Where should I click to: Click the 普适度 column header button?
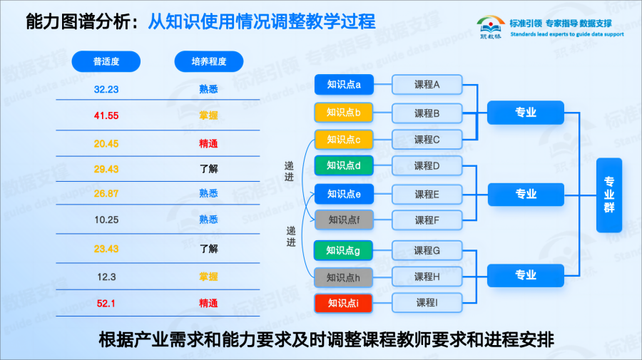pyautogui.click(x=106, y=61)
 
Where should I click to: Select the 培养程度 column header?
pyautogui.click(x=209, y=61)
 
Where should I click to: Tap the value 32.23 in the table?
pyautogui.click(x=106, y=89)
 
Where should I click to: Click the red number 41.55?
pyautogui.click(x=106, y=115)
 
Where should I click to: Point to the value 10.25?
pyautogui.click(x=106, y=220)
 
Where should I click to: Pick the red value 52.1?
pyautogui.click(x=106, y=303)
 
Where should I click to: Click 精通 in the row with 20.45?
pyautogui.click(x=209, y=143)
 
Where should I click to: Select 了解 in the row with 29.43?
pyautogui.click(x=209, y=168)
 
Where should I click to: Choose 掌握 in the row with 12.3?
pyautogui.click(x=209, y=277)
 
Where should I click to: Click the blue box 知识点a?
pyautogui.click(x=344, y=85)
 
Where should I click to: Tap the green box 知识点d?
pyautogui.click(x=344, y=165)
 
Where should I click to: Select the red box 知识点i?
pyautogui.click(x=344, y=303)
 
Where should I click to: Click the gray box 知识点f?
pyautogui.click(x=344, y=220)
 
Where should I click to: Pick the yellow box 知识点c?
pyautogui.click(x=344, y=139)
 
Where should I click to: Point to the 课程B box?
pyautogui.click(x=427, y=113)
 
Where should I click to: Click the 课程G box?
pyautogui.click(x=427, y=250)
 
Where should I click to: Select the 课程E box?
pyautogui.click(x=427, y=194)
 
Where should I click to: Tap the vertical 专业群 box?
pyautogui.click(x=609, y=195)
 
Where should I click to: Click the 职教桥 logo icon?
pyautogui.click(x=490, y=26)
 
